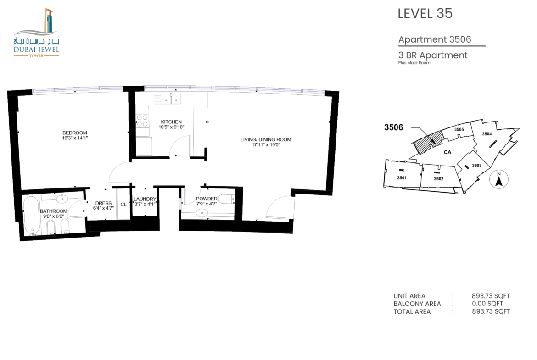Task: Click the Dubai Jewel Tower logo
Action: tap(36, 33)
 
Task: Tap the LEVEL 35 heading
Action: tap(425, 13)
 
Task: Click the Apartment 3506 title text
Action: tap(435, 39)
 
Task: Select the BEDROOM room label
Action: tap(75, 133)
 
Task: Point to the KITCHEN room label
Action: tap(171, 122)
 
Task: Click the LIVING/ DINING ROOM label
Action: tap(266, 139)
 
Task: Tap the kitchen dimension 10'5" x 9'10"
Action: tap(171, 127)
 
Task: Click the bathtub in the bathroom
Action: tap(32, 216)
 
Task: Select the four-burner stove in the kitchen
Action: tap(142, 121)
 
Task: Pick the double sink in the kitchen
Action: tap(171, 99)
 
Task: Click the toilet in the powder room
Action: tap(226, 198)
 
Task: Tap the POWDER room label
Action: tap(207, 199)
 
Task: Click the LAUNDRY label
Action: tap(145, 199)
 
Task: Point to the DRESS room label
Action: tap(103, 203)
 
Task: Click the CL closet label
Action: tap(123, 205)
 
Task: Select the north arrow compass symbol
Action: tap(499, 179)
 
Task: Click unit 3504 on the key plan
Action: tap(487, 134)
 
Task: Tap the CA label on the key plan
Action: tap(447, 152)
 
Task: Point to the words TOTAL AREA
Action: tap(412, 311)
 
